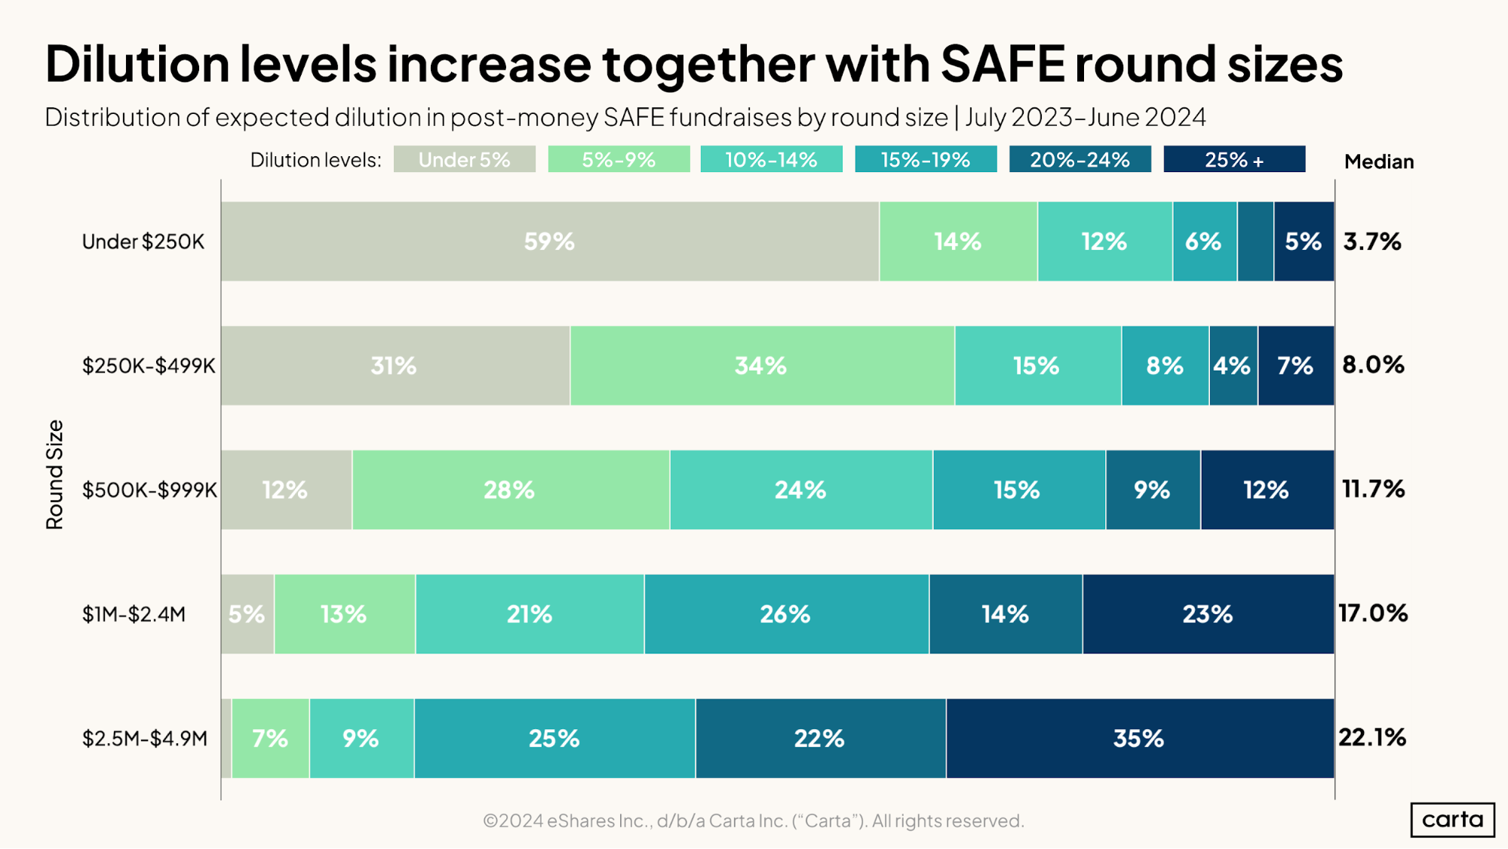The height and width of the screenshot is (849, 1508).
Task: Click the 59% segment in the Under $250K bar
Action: point(549,241)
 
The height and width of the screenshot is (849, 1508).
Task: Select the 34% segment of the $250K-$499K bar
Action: point(761,366)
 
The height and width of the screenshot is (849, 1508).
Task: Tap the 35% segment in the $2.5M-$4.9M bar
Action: point(1139,738)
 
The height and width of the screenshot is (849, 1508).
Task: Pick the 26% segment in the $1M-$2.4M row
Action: point(785,614)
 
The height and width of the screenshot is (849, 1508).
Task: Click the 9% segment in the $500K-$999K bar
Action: point(1152,490)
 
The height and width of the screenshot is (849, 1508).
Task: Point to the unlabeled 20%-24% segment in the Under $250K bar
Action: point(1255,241)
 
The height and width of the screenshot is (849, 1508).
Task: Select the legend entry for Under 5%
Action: point(464,160)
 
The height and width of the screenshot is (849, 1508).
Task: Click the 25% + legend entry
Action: point(1233,160)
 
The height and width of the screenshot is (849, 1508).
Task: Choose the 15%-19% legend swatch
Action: point(925,160)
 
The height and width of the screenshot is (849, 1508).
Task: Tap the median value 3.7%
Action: point(1371,241)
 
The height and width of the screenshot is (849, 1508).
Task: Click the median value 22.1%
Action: point(1371,737)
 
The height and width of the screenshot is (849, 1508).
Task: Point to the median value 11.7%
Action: point(1372,489)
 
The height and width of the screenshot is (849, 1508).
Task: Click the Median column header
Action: point(1378,161)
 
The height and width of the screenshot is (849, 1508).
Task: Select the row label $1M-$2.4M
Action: point(134,614)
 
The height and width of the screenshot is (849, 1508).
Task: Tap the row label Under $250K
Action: point(143,241)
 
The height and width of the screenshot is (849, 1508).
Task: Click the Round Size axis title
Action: point(55,475)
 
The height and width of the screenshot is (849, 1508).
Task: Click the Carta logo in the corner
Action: point(1451,820)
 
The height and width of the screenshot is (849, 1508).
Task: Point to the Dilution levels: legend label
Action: point(315,160)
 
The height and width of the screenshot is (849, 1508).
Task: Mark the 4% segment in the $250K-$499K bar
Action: point(1232,366)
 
